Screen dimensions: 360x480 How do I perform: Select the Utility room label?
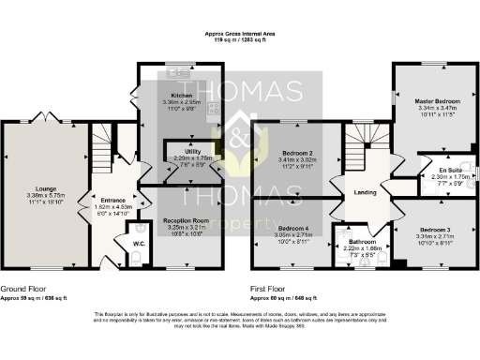click(194, 151)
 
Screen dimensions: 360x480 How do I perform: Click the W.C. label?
click(138, 244)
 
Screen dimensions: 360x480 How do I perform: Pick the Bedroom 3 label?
click(434, 230)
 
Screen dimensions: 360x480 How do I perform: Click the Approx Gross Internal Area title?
click(240, 34)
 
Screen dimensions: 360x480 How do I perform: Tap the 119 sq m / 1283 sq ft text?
click(240, 40)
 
